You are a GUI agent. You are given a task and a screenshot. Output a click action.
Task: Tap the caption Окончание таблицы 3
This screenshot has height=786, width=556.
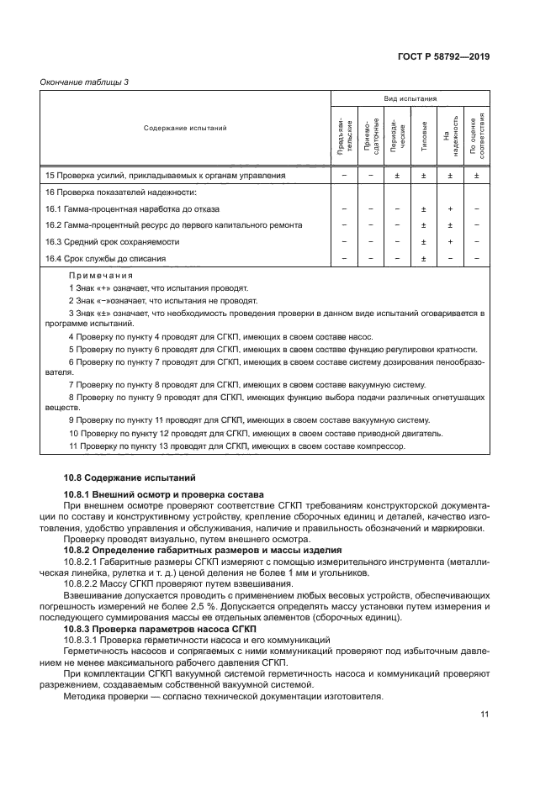(x=85, y=82)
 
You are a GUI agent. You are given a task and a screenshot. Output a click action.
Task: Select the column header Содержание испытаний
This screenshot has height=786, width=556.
(x=185, y=129)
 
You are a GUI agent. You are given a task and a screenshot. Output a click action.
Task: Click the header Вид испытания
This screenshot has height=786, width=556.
(x=410, y=98)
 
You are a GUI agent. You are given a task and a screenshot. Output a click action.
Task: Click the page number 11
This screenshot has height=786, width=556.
(x=485, y=715)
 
